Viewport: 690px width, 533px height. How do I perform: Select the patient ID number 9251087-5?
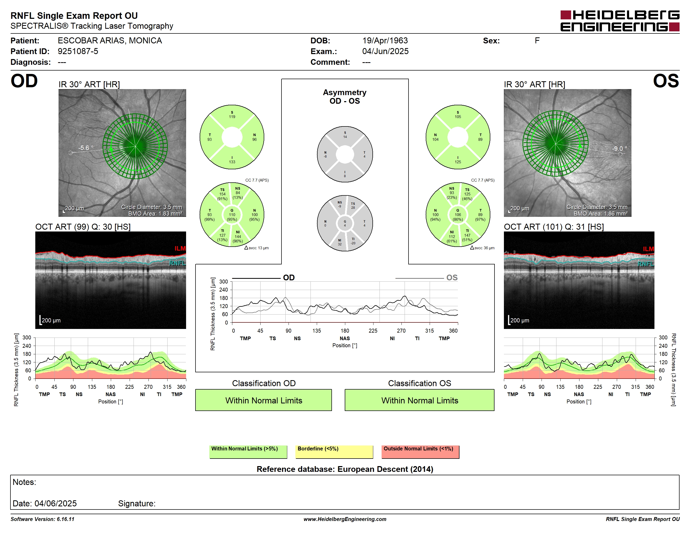[x=78, y=51]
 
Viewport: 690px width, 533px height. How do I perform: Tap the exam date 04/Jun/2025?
[x=385, y=51]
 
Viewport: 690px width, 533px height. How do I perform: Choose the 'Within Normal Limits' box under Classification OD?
[x=263, y=400]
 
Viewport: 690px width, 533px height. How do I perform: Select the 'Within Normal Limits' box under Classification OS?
[x=419, y=400]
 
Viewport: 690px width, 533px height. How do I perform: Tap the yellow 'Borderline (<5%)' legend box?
[x=334, y=452]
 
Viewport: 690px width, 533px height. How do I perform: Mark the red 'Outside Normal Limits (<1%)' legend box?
[x=420, y=452]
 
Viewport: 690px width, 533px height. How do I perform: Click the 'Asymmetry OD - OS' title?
[x=345, y=97]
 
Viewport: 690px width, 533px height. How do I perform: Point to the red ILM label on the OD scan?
[x=180, y=248]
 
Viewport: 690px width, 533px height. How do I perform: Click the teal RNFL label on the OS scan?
[x=646, y=264]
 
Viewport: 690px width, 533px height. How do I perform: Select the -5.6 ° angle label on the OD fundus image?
[x=86, y=148]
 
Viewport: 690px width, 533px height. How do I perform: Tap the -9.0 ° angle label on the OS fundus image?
[x=619, y=148]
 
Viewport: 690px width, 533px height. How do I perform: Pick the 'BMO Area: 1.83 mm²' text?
[x=155, y=213]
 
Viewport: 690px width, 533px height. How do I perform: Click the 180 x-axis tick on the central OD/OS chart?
[x=345, y=331]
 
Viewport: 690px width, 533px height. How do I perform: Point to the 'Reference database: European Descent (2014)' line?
[x=345, y=469]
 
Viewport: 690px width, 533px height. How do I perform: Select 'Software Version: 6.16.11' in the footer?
[x=42, y=519]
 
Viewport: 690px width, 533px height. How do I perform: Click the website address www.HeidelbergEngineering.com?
[x=345, y=519]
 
